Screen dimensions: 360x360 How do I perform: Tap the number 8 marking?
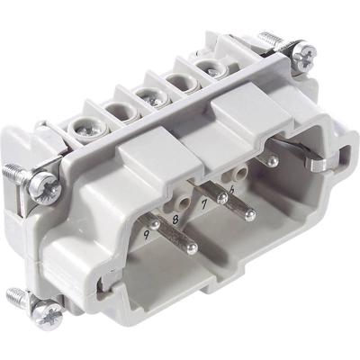pyautogui.click(x=175, y=217)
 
